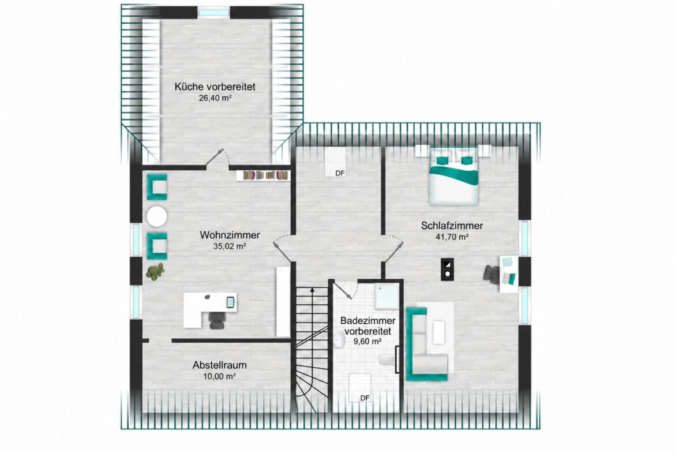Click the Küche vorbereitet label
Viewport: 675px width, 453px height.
click(x=215, y=87)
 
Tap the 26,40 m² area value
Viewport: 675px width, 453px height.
click(x=215, y=98)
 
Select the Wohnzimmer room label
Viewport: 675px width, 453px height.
click(x=230, y=235)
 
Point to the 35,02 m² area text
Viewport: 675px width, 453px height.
click(x=230, y=246)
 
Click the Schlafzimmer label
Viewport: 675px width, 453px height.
click(x=452, y=226)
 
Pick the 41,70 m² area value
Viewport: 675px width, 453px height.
click(x=452, y=237)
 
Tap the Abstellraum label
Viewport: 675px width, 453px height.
click(x=220, y=365)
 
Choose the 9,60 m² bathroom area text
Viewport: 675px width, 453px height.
click(x=367, y=342)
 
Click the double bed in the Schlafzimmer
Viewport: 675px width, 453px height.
click(x=453, y=175)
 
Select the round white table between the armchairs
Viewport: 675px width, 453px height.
click(x=156, y=216)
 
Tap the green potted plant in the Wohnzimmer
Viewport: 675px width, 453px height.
click(x=155, y=271)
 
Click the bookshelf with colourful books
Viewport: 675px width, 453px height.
click(x=262, y=175)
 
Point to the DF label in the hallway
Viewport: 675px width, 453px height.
click(x=340, y=173)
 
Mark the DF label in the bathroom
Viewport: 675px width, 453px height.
click(x=365, y=398)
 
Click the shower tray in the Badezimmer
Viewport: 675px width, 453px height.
click(x=387, y=296)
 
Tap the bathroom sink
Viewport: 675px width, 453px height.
click(x=339, y=340)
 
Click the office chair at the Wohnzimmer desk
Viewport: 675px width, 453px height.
click(x=217, y=320)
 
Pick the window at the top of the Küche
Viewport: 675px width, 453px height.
click(x=214, y=13)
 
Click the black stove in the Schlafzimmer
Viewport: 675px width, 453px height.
click(x=447, y=269)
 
